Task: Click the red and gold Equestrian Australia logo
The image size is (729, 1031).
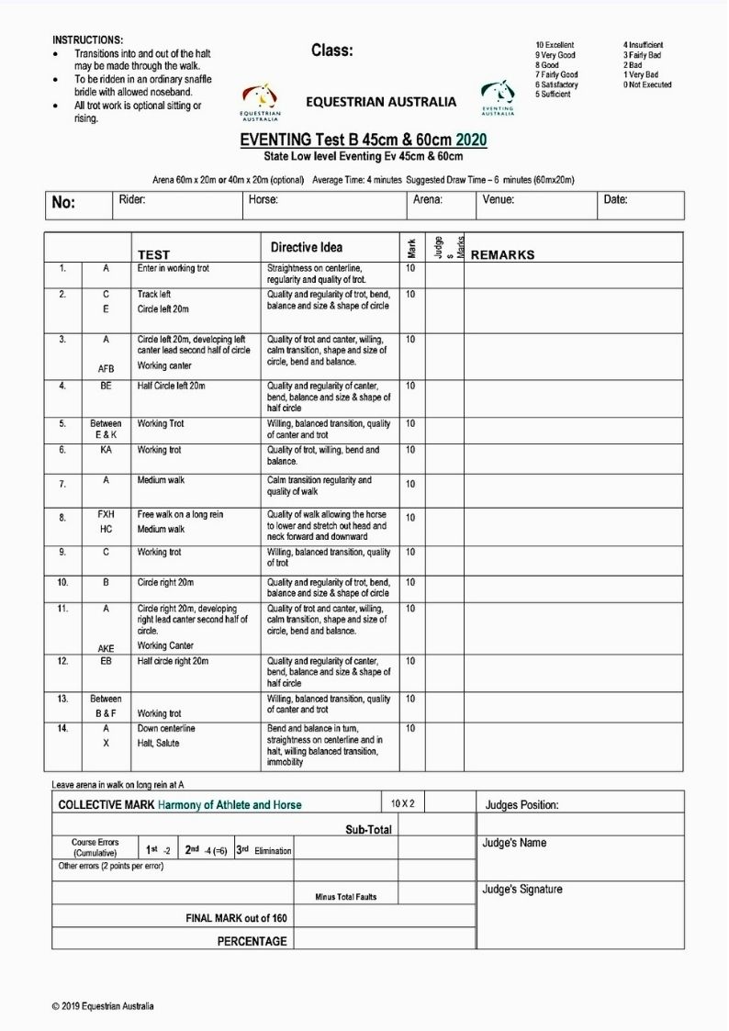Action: point(261,99)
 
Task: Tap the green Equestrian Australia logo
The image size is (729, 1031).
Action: point(497,95)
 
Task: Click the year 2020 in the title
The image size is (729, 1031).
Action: point(471,140)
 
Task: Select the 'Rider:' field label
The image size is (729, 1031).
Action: point(132,199)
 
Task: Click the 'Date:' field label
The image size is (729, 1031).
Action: point(615,199)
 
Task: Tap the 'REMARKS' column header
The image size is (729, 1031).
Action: point(502,254)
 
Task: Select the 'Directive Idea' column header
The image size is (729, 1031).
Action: point(307,248)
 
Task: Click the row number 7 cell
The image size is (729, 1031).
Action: point(62,483)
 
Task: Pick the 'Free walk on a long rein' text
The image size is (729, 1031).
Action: point(180,515)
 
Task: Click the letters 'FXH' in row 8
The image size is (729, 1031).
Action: point(106,515)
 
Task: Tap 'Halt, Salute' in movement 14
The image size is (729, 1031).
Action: point(159,743)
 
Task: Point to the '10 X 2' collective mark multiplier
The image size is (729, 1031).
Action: point(402,803)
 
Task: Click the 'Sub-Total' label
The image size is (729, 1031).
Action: point(368,829)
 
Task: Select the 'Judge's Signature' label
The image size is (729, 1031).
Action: point(522,889)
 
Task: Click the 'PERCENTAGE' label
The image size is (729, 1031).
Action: point(252,941)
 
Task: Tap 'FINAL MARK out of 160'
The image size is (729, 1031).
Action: point(236,917)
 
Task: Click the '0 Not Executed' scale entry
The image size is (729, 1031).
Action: point(646,84)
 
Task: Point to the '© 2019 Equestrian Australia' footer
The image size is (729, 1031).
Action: point(103,1006)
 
